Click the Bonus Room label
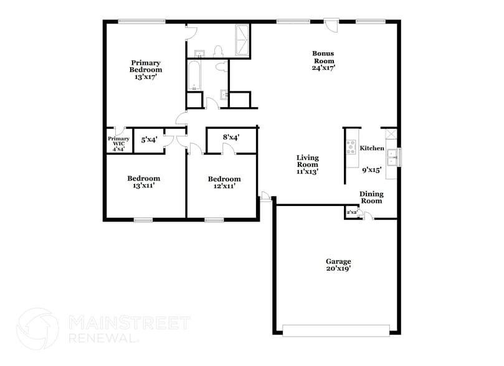tap(323, 57)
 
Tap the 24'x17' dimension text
tap(323, 68)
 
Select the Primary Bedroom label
tap(146, 66)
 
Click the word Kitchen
tap(372, 148)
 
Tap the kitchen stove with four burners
tap(351, 148)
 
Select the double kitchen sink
tap(393, 156)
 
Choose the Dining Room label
tap(371, 197)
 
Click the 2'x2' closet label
tap(352, 213)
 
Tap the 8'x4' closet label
tap(232, 137)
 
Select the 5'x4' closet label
tap(149, 140)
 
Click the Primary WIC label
tap(118, 144)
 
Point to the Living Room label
tap(307, 164)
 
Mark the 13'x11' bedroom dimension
tap(144, 185)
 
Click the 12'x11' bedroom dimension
tap(224, 186)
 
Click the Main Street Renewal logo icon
tap(37, 329)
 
